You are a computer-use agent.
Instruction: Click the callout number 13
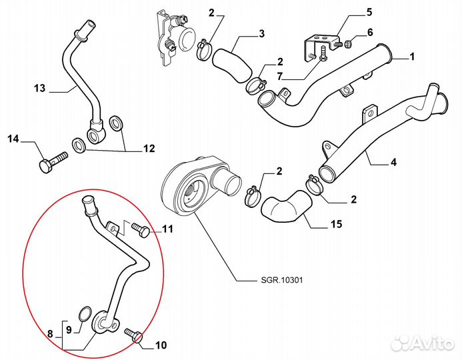pos(39,87)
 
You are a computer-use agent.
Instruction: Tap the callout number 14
pos(14,139)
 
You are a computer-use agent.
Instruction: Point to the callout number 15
pos(337,224)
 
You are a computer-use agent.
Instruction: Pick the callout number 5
pos(369,13)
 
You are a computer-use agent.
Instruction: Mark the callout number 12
pos(148,148)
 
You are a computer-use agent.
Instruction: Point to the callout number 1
pos(412,57)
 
